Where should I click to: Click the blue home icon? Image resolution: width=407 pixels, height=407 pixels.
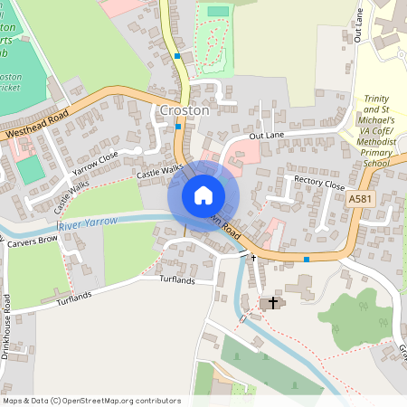coord(203,195)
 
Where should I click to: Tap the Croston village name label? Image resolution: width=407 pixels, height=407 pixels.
coord(184,109)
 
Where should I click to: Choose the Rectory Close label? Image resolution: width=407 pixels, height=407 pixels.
coord(320,182)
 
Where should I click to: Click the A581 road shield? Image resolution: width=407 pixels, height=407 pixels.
coord(358,197)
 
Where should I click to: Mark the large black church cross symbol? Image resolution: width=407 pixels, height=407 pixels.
coord(273,301)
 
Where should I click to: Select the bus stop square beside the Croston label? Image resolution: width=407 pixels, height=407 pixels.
coord(178,127)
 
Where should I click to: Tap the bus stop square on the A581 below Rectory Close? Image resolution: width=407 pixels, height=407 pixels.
coord(307,260)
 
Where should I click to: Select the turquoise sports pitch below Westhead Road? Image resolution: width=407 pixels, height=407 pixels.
coord(29,169)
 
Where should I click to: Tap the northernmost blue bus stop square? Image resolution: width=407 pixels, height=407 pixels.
coord(178,56)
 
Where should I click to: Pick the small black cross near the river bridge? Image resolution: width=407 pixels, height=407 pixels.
coord(253,258)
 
